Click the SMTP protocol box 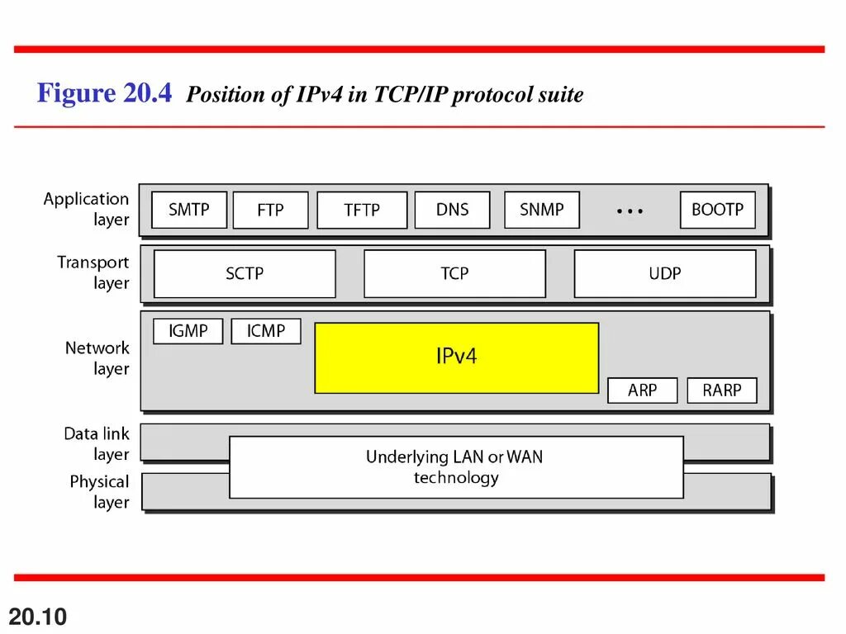click(189, 210)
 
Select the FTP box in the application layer click(270, 211)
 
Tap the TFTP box click(362, 211)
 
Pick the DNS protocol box click(452, 210)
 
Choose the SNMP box click(541, 210)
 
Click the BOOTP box click(717, 210)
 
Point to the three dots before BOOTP click(630, 211)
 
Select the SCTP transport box click(245, 273)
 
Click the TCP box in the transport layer click(454, 273)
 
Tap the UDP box click(664, 273)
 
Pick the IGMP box click(188, 331)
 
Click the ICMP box click(266, 331)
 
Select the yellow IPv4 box click(456, 357)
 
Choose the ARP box click(642, 390)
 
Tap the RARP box click(722, 390)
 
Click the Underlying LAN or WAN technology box click(456, 467)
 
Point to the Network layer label click(97, 358)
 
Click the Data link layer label click(97, 443)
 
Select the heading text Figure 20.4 click(104, 93)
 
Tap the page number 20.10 click(38, 616)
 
